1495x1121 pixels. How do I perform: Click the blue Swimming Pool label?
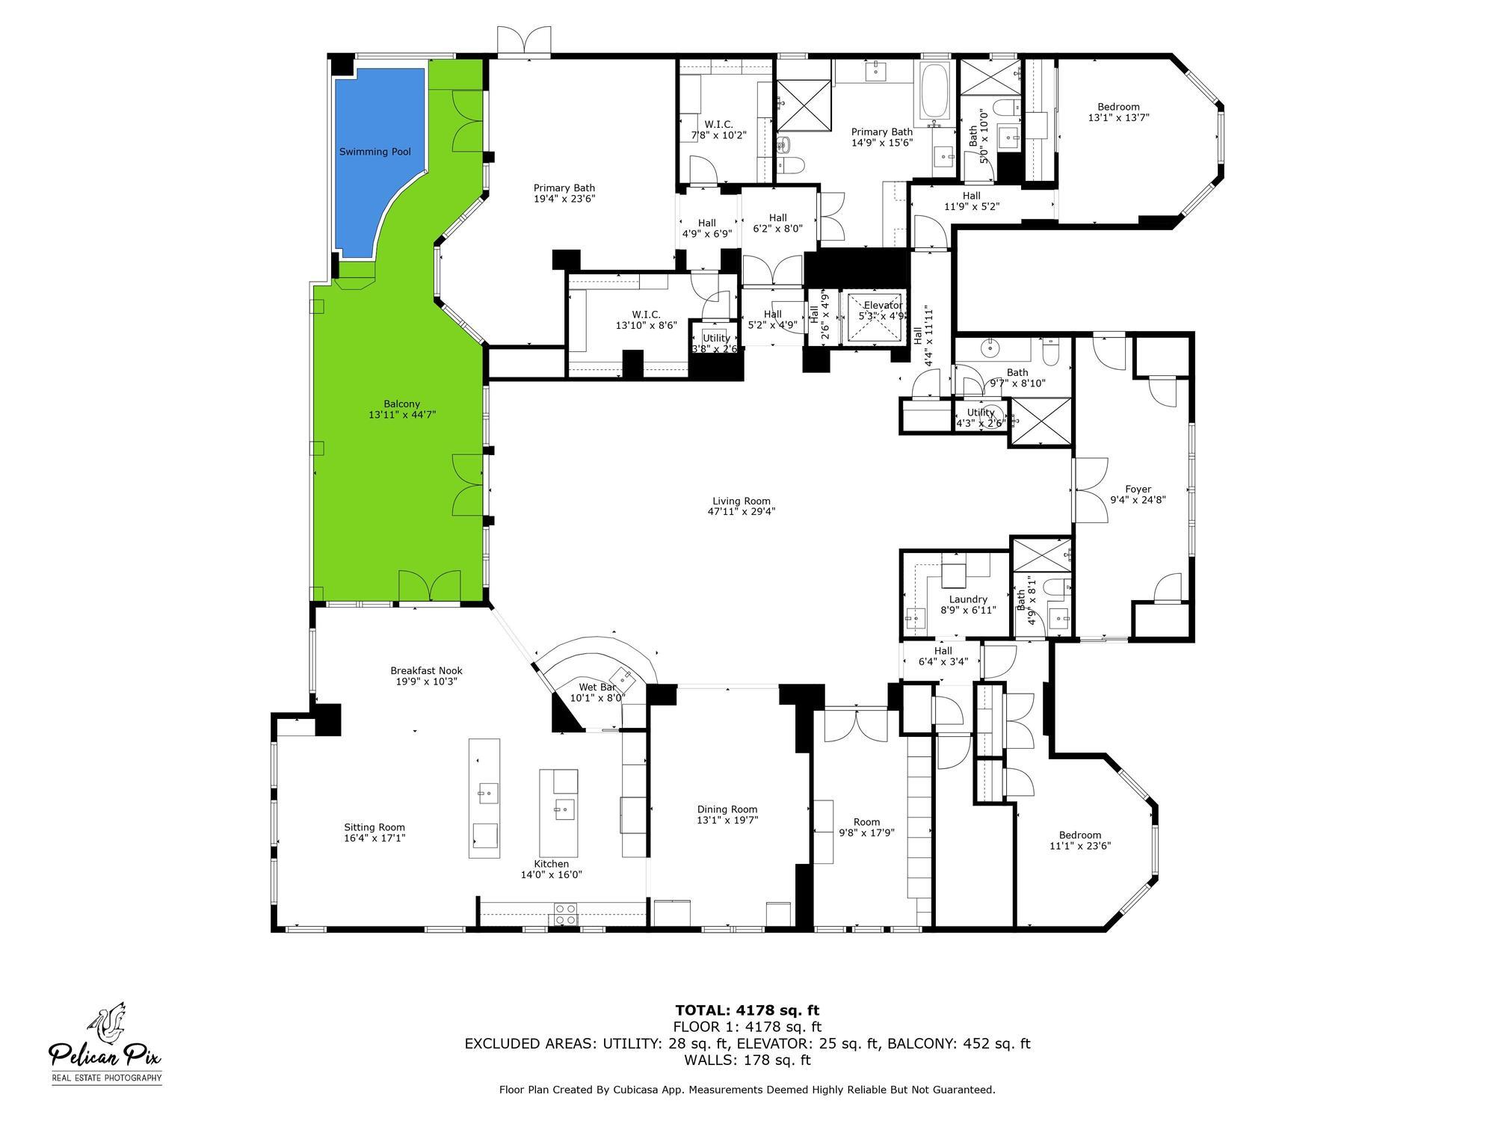[374, 152]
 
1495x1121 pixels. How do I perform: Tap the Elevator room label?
[882, 306]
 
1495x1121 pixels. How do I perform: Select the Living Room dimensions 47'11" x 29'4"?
[741, 512]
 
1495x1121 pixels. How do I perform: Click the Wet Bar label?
[597, 687]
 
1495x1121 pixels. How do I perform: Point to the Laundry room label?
[968, 599]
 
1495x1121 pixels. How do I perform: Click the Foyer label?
[1138, 490]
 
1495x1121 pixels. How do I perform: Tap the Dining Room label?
[727, 809]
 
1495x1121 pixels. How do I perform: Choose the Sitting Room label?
[374, 827]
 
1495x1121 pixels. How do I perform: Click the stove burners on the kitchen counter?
[565, 913]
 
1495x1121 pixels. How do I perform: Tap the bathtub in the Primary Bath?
[934, 93]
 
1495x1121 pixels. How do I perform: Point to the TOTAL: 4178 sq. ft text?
[747, 1010]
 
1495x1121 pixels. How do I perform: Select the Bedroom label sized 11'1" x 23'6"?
[1079, 836]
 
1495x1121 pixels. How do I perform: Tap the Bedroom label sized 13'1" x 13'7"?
[1118, 107]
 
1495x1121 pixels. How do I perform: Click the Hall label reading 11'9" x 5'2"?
[971, 196]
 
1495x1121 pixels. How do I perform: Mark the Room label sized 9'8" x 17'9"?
[866, 822]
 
